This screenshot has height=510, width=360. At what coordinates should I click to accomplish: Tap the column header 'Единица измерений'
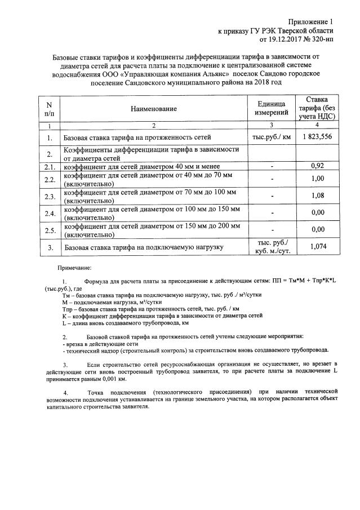point(272,108)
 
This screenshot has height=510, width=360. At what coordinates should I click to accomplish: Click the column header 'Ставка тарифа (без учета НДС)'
point(317,108)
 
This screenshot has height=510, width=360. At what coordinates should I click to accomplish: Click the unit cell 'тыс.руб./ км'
point(272,137)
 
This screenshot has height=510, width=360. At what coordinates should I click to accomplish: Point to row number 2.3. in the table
point(50,196)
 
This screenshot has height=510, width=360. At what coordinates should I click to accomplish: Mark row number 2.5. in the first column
point(50,230)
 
